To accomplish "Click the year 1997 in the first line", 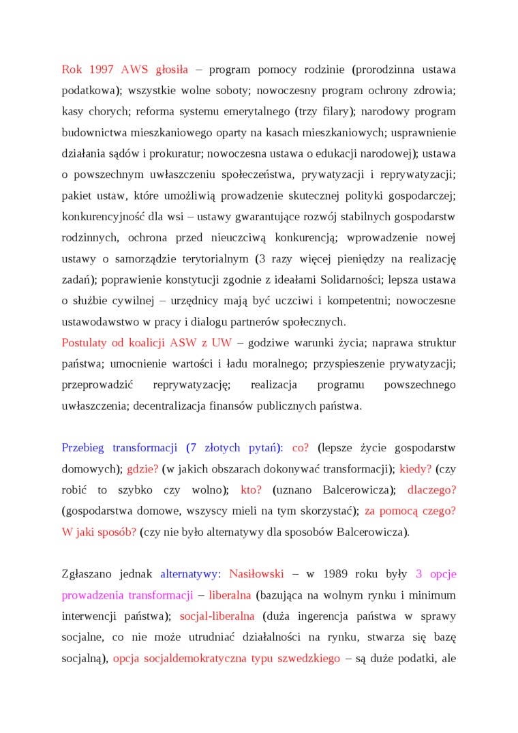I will [102, 70].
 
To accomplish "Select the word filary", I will [333, 111].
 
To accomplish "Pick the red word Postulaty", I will [85, 342].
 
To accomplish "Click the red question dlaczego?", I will [431, 490].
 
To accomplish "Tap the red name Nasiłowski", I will [256, 574].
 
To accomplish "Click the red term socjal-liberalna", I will [217, 616].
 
